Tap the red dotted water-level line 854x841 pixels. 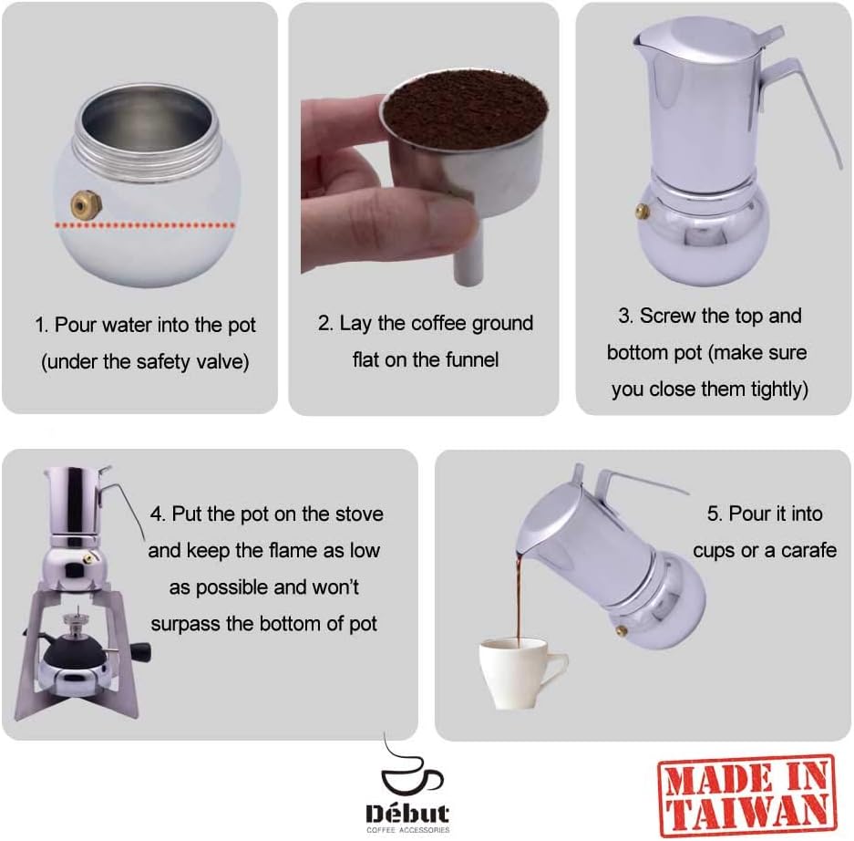pos(146,223)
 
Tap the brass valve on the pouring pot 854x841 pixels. pos(622,630)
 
